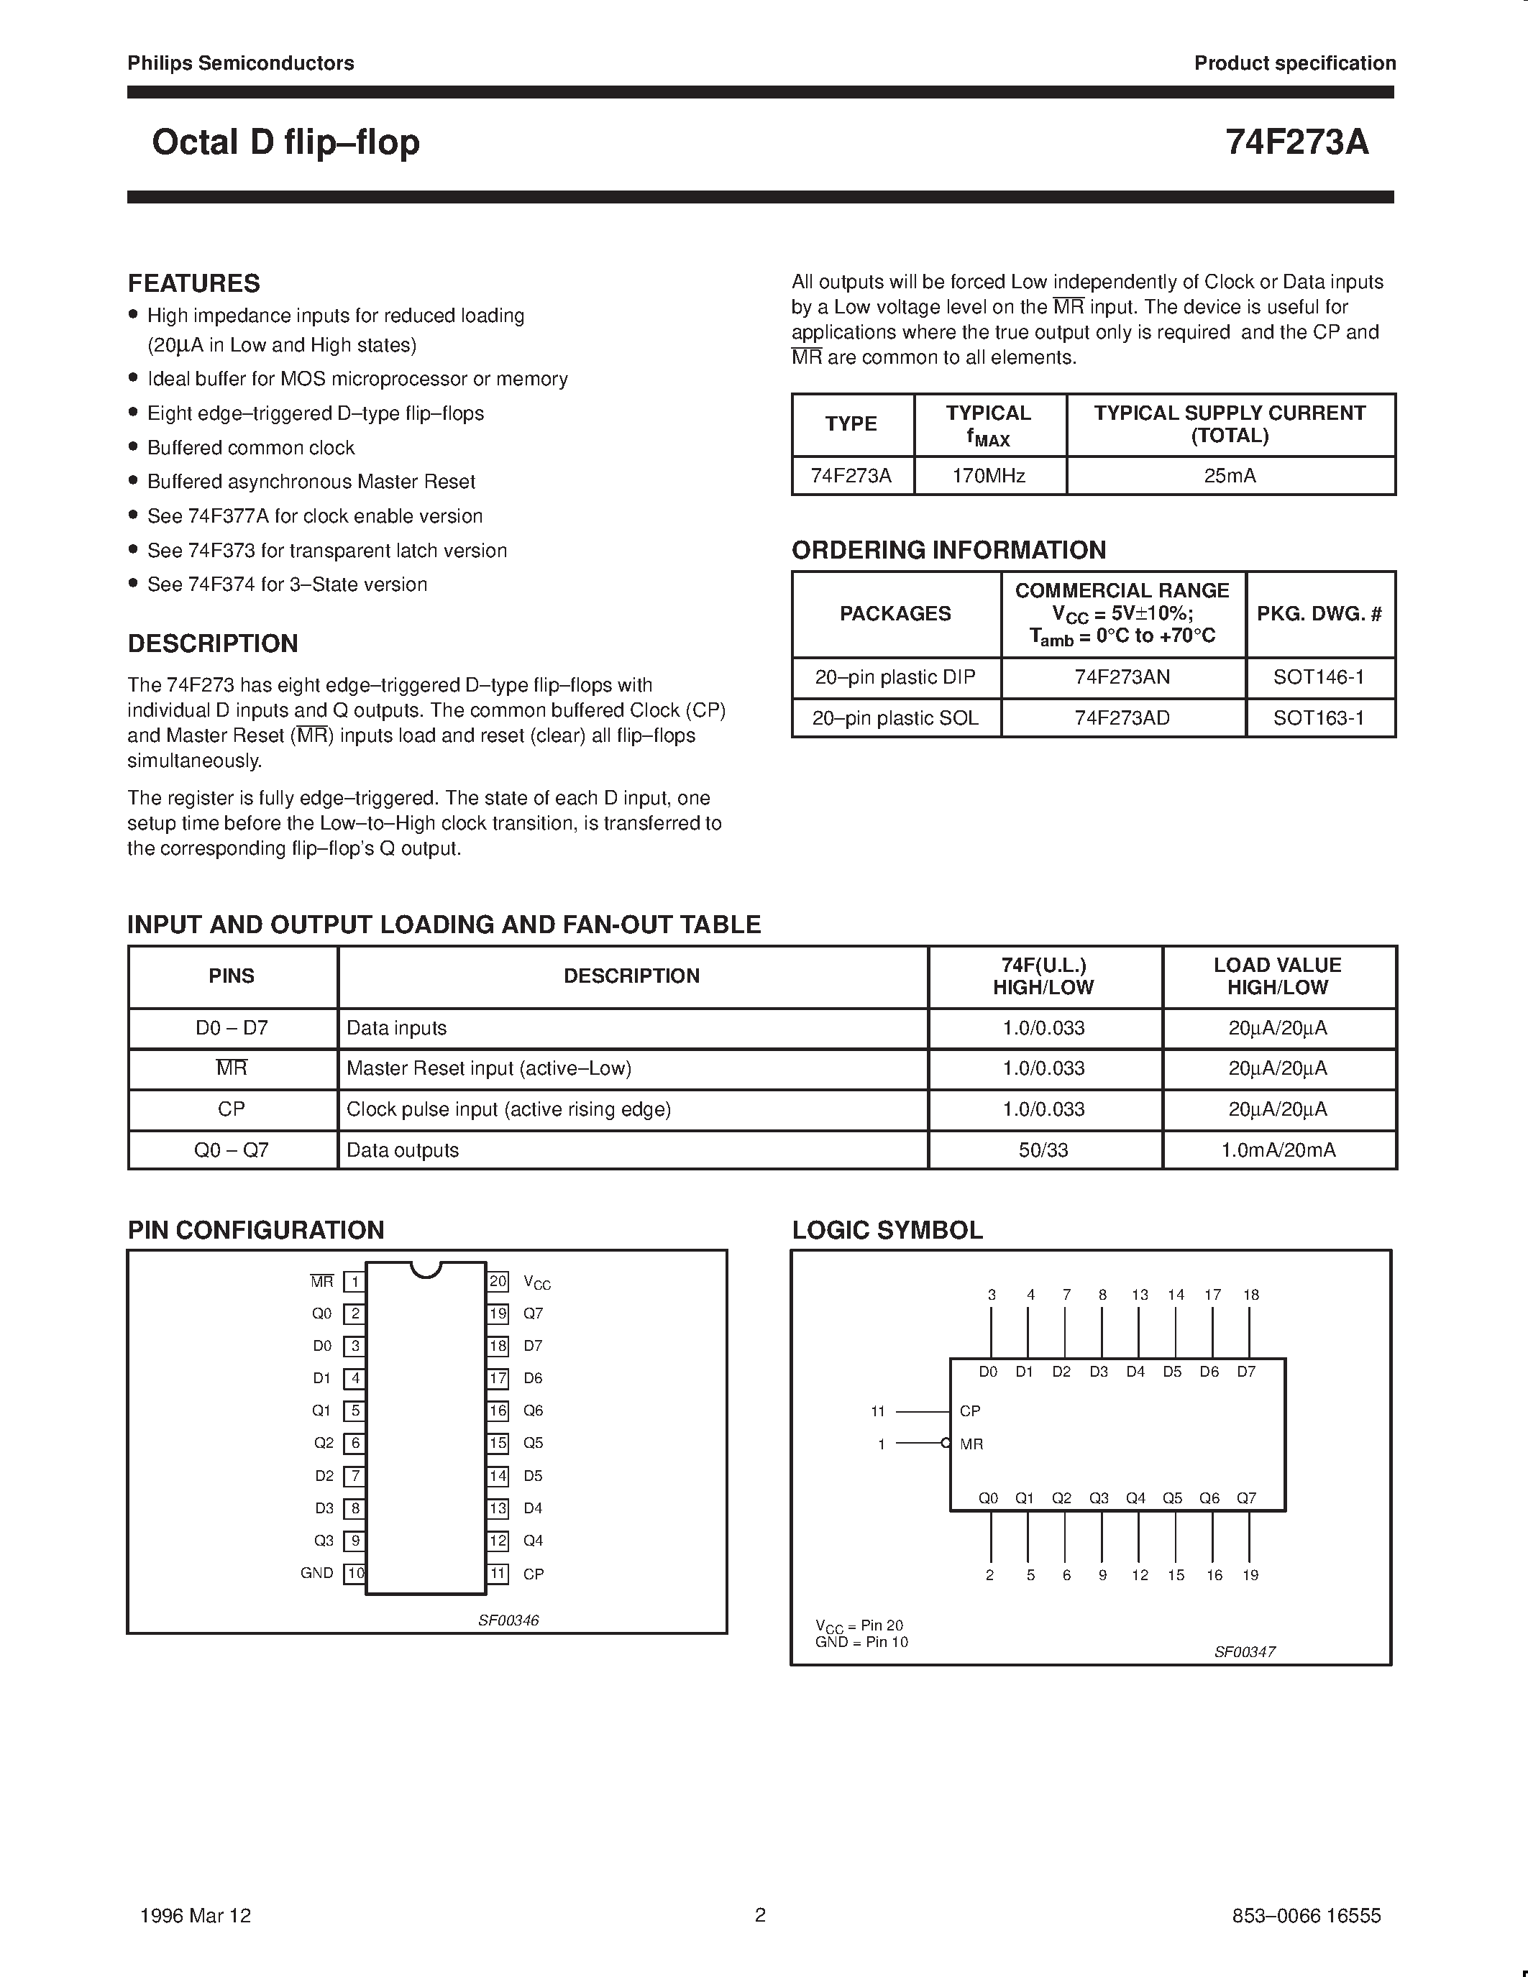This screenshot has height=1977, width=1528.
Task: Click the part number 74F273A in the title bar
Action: pos(1296,143)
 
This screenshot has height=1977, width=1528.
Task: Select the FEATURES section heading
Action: pos(193,283)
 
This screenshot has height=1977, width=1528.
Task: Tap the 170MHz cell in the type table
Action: pos(989,475)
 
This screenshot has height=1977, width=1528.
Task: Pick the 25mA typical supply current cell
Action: pos(1230,475)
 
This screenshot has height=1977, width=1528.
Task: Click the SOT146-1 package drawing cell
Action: pos(1318,677)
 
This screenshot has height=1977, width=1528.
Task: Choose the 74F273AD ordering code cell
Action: pos(1122,718)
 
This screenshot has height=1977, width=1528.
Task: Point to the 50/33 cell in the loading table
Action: pos(1043,1150)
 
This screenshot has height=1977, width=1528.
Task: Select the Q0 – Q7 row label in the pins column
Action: pos(232,1150)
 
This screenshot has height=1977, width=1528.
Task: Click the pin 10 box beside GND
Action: pos(354,1573)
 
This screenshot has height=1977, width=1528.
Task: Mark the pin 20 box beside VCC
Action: pos(498,1282)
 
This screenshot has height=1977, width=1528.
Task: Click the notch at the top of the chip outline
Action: pos(426,1269)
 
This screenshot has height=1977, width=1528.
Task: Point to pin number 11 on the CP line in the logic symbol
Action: pos(877,1411)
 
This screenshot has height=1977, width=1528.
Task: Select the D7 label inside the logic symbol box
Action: pos(1246,1372)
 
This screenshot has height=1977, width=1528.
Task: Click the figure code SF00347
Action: pos(1245,1651)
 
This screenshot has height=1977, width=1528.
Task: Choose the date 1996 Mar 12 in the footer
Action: pos(196,1915)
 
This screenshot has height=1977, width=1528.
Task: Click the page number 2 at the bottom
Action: pos(760,1914)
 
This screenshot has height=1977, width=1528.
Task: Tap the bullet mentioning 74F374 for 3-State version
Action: pos(286,584)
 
